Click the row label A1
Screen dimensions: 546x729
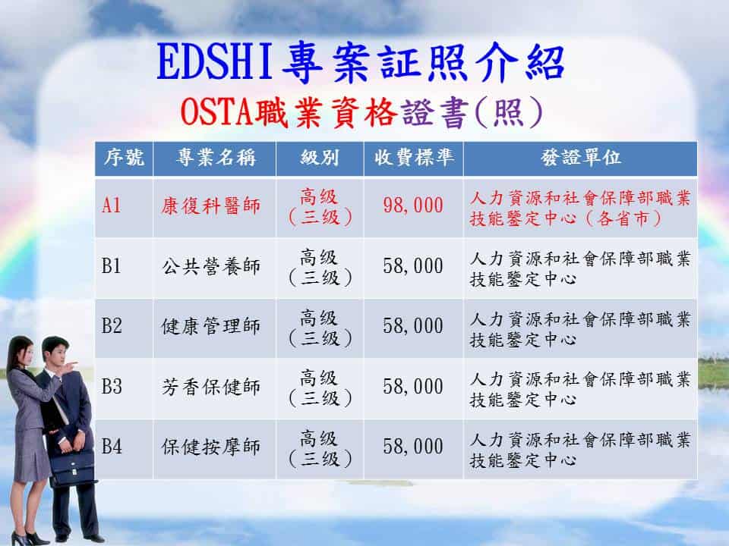point(112,206)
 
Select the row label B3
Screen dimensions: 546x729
point(112,387)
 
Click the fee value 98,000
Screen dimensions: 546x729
point(413,206)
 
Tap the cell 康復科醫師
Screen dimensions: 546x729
point(210,206)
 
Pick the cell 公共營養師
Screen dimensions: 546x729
point(210,267)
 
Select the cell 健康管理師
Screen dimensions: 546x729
point(210,326)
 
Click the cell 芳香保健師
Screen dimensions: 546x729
point(210,387)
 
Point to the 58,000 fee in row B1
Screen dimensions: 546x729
point(413,267)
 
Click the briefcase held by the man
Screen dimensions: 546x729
point(72,470)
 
